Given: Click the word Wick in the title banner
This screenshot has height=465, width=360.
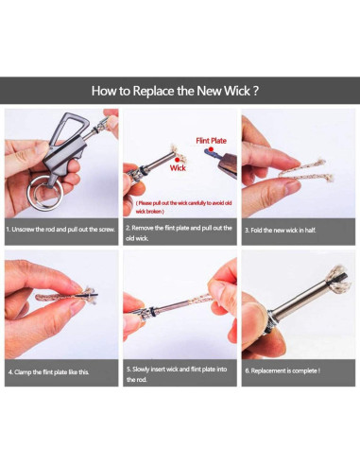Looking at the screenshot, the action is (236, 91).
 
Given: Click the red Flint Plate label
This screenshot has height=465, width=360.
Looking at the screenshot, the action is (211, 141).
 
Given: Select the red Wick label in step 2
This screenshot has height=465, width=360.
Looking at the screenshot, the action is (178, 168).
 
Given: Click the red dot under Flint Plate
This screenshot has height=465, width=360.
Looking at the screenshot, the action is (211, 149).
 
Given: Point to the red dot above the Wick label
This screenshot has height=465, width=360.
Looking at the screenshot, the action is (177, 160).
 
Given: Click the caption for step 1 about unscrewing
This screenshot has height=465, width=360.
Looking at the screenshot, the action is (60, 230).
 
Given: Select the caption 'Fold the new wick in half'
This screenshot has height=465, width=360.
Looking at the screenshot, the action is (281, 231).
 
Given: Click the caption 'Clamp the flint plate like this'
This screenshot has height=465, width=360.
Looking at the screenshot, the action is (48, 372).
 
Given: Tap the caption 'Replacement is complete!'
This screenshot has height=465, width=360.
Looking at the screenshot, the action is (283, 370).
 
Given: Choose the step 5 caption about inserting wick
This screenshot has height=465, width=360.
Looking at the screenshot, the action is (177, 374).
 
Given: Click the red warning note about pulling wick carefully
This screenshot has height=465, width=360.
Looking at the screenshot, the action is (183, 207).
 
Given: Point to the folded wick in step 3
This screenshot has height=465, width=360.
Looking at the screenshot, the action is (305, 172).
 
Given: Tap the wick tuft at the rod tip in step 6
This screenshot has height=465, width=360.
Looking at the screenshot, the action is (339, 280).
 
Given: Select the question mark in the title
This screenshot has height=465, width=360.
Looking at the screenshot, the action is (256, 91).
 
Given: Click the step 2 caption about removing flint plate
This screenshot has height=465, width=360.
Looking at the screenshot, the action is (179, 232).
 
